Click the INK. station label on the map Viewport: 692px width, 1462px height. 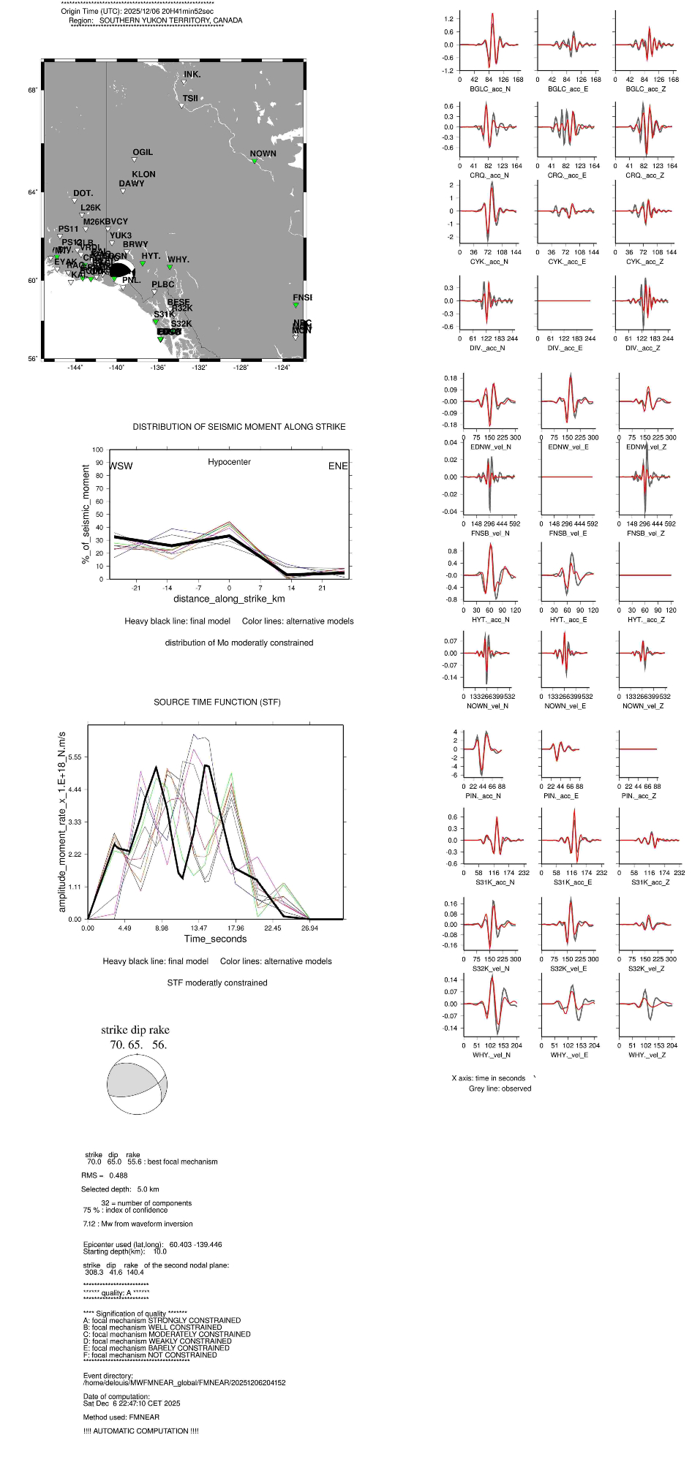click(x=192, y=75)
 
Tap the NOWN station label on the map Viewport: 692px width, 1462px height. click(x=263, y=154)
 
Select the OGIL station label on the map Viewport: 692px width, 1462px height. click(x=143, y=153)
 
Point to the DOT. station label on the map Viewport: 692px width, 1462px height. click(x=83, y=194)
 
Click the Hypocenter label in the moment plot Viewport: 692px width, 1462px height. click(x=229, y=462)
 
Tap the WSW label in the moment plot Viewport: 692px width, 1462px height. click(x=121, y=466)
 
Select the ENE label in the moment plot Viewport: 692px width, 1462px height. click(x=338, y=466)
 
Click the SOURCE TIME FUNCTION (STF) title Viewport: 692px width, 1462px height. click(x=217, y=702)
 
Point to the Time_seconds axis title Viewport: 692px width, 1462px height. click(x=215, y=939)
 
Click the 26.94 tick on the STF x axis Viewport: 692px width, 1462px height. click(x=309, y=928)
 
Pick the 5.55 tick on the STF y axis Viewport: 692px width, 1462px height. click(x=75, y=757)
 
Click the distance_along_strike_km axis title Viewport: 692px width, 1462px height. click(x=229, y=599)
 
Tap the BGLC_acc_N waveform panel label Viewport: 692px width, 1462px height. click(x=490, y=89)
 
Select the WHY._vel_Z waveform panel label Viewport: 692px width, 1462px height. click(x=647, y=1055)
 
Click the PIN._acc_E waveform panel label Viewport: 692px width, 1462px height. click(x=561, y=796)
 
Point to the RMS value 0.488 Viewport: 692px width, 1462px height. click(x=118, y=1175)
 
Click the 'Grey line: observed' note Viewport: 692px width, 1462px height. click(x=500, y=1088)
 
